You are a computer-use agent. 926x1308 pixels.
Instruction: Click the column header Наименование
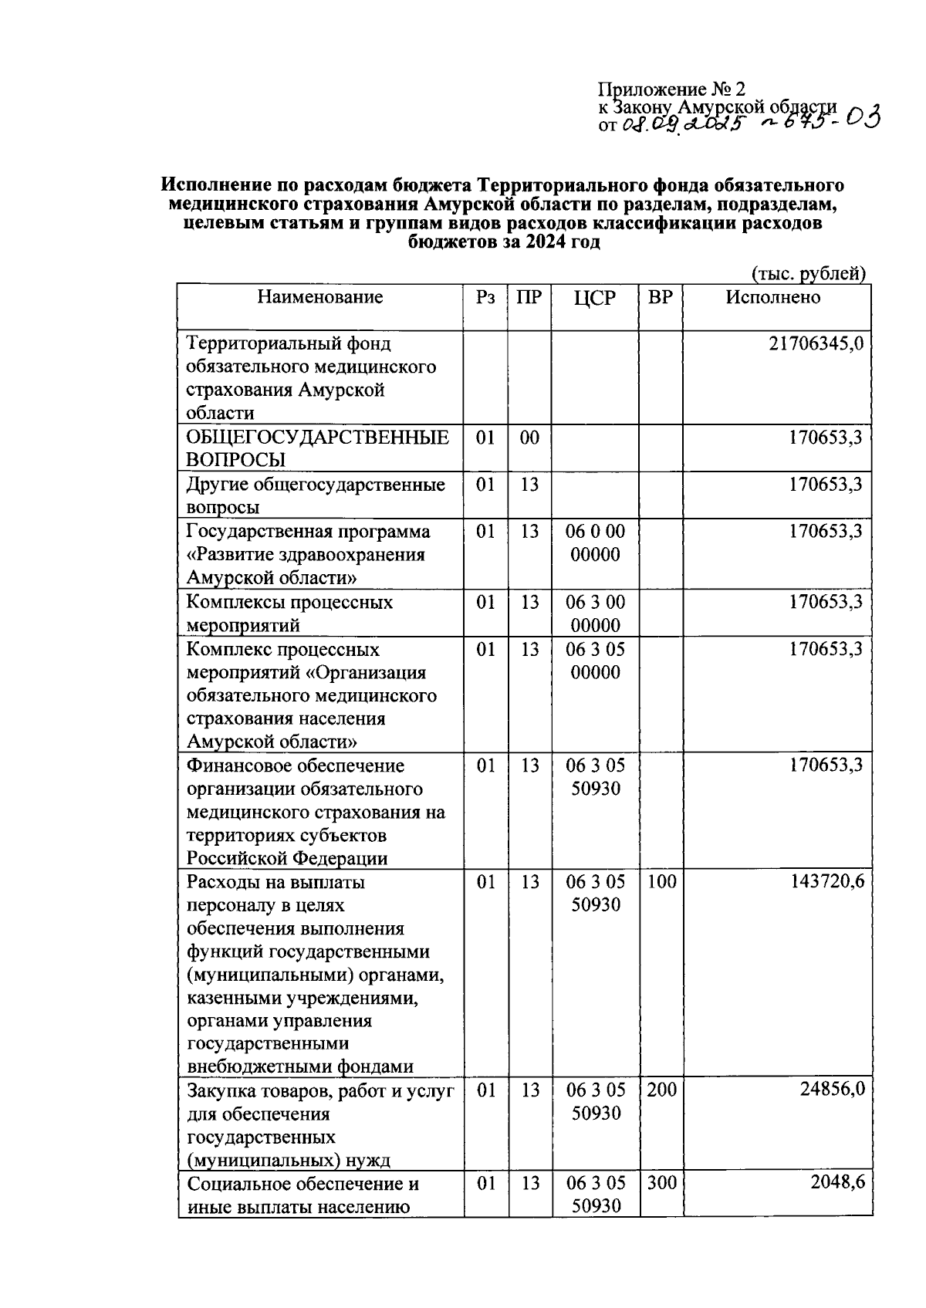coord(319,298)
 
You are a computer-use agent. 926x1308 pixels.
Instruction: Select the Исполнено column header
coord(772,298)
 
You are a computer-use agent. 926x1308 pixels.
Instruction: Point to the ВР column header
coord(660,298)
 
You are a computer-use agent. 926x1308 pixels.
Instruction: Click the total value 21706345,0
coord(816,343)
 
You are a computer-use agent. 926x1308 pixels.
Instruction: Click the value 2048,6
coord(836,1183)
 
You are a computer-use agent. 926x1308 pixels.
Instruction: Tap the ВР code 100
coord(661,882)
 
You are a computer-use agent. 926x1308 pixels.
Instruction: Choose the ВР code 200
coord(661,1090)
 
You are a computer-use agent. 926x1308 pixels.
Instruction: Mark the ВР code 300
coord(661,1183)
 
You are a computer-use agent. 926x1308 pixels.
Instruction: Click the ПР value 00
coord(529,438)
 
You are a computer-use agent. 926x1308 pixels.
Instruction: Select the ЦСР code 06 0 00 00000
coord(595,543)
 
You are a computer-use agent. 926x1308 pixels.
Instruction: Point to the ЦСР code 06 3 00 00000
coord(595,613)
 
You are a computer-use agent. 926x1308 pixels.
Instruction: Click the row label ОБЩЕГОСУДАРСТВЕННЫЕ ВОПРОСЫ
coord(317,449)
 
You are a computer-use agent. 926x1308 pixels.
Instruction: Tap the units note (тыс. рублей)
coord(808,273)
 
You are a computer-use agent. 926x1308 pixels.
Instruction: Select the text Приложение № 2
coord(671,90)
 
